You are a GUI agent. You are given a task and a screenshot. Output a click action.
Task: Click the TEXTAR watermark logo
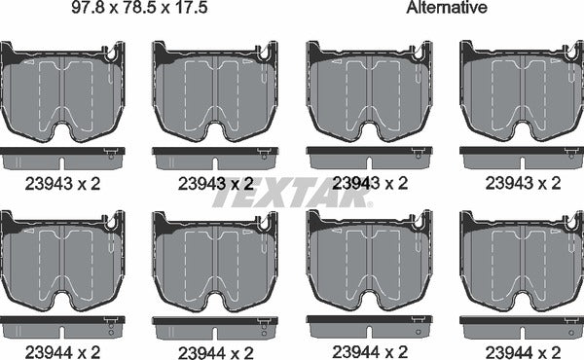tap(291, 193)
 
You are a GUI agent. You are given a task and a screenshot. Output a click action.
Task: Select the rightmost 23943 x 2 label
tap(521, 182)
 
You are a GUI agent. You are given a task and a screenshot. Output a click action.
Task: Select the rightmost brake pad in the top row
tap(521, 91)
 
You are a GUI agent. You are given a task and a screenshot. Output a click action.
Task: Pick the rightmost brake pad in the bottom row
tap(521, 258)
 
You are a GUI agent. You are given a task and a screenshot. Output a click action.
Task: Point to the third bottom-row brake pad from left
tap(369, 258)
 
